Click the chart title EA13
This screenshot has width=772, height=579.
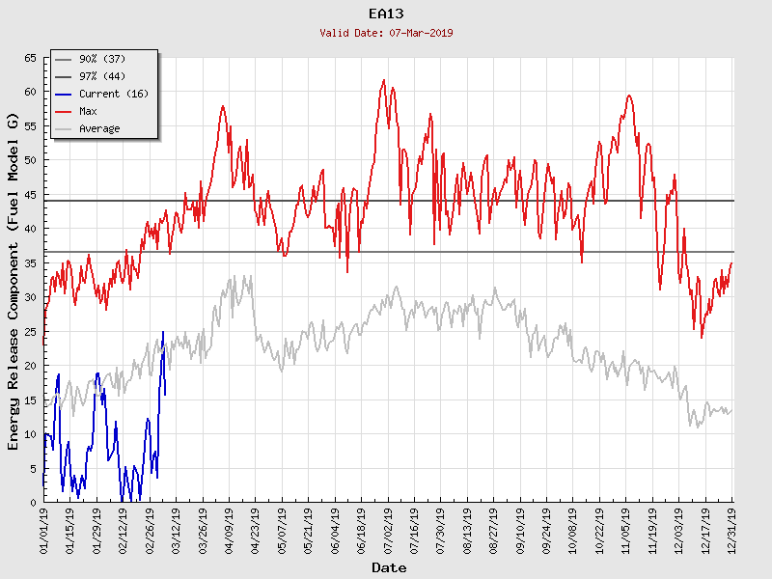[x=386, y=14]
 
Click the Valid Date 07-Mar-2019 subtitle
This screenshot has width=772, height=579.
[x=386, y=33]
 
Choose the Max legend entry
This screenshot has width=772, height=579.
[x=88, y=112]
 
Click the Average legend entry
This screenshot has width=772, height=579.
[x=99, y=129]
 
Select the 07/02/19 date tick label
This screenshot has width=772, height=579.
[x=388, y=529]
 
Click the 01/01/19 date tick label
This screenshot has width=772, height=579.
[x=44, y=529]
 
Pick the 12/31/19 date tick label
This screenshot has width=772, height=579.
[x=731, y=529]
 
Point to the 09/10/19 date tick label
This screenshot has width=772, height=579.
[x=520, y=529]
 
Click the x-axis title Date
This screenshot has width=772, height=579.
[x=389, y=568]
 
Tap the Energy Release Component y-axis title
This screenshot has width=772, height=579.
[x=14, y=280]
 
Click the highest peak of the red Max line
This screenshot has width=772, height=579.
[x=384, y=80]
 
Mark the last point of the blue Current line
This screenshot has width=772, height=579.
[x=165, y=394]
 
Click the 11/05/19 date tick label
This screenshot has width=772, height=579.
[x=625, y=529]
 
